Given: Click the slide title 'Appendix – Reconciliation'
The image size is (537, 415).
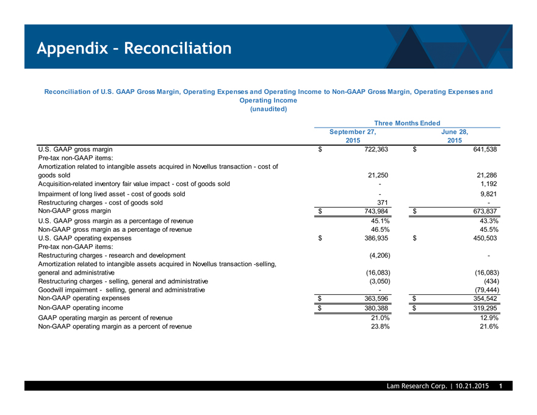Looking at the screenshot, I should pos(133,48).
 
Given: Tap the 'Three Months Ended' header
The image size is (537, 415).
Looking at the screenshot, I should pos(406,123).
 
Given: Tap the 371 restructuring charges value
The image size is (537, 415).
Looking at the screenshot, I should pos(383,202).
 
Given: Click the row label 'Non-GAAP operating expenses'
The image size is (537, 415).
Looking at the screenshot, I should pos(84,298).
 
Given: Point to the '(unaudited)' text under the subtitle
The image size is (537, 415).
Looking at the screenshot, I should pos(268,109).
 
